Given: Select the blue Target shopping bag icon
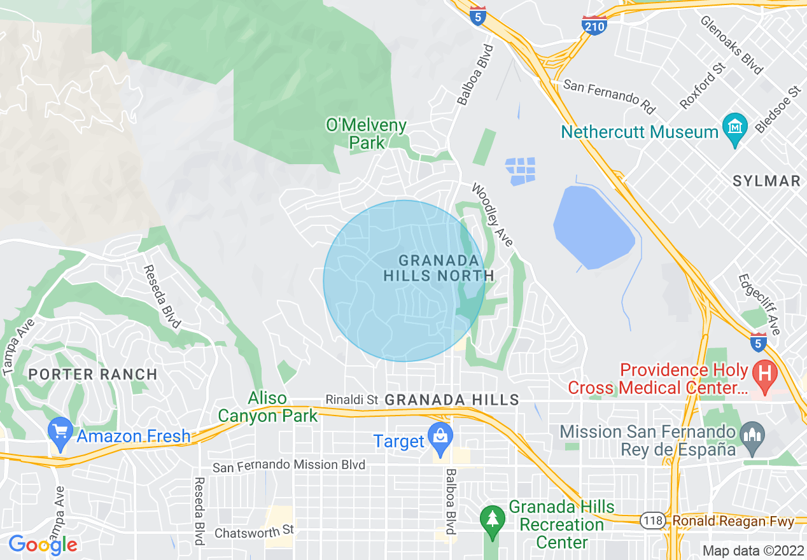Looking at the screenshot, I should [440, 437].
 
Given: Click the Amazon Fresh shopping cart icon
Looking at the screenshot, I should [60, 432].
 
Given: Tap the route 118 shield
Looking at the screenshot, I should [653, 521].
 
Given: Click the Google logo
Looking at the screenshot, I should [43, 545].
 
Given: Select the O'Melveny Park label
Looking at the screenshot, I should [367, 134].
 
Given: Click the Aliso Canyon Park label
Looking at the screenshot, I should [267, 407].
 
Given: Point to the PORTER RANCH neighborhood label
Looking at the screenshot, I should [94, 374].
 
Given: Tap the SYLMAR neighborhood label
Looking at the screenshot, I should [766, 181].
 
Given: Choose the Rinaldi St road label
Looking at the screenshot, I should [352, 400].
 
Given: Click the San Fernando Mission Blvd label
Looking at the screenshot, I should [289, 466].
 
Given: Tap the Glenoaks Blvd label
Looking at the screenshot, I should [732, 45].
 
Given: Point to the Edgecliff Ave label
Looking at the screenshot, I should [759, 304].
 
